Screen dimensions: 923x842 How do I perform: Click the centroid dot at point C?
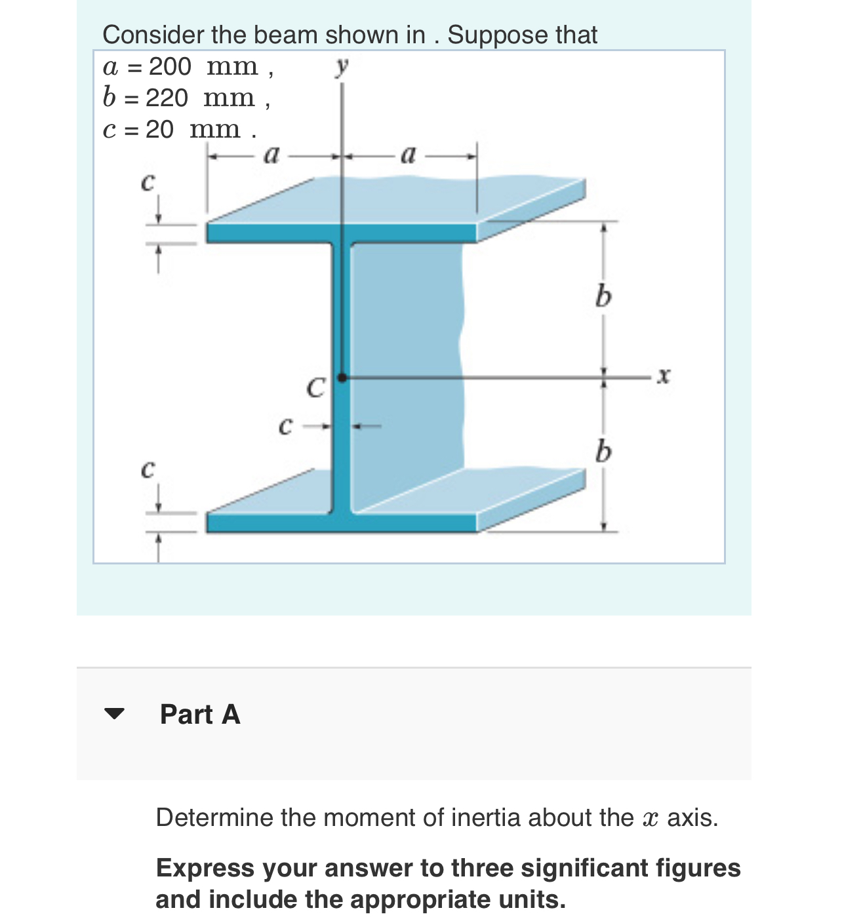[342, 377]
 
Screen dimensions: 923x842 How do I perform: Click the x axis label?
[664, 376]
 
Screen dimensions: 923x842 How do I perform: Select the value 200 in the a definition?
[170, 66]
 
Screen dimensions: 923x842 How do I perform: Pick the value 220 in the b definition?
[167, 98]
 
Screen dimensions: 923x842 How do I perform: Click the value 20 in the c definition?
[159, 129]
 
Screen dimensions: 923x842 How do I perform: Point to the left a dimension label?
[271, 155]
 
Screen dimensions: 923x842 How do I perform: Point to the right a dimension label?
[408, 155]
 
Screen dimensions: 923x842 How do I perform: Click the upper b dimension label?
[603, 297]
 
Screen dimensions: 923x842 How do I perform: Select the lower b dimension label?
[603, 452]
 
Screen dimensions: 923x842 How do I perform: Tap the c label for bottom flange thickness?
[148, 469]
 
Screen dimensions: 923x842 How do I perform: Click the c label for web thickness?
[285, 426]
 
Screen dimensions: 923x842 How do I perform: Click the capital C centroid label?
[315, 387]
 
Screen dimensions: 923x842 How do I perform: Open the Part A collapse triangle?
[114, 714]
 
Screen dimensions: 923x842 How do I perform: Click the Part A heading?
[200, 714]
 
